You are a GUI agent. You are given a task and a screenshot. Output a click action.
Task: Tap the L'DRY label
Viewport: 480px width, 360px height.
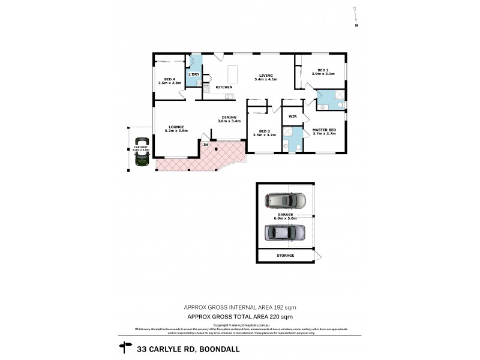click(194, 74)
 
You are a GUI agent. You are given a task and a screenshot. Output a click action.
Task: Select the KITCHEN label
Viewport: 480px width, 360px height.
click(224, 88)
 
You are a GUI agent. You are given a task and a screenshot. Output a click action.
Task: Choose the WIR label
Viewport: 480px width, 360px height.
click(293, 116)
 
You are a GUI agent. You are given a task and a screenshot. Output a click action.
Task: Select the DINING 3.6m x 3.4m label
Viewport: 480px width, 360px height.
click(229, 119)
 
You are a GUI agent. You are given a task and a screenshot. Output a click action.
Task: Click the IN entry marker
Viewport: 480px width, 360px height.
click(205, 145)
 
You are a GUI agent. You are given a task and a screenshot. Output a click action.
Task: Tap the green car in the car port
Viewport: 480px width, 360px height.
click(143, 158)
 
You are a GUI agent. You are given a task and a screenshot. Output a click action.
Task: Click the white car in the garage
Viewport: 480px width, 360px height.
click(286, 200)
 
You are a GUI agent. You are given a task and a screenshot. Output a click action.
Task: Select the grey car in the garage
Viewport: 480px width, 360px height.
click(285, 232)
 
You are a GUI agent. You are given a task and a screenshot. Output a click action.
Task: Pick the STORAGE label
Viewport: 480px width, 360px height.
click(286, 256)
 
